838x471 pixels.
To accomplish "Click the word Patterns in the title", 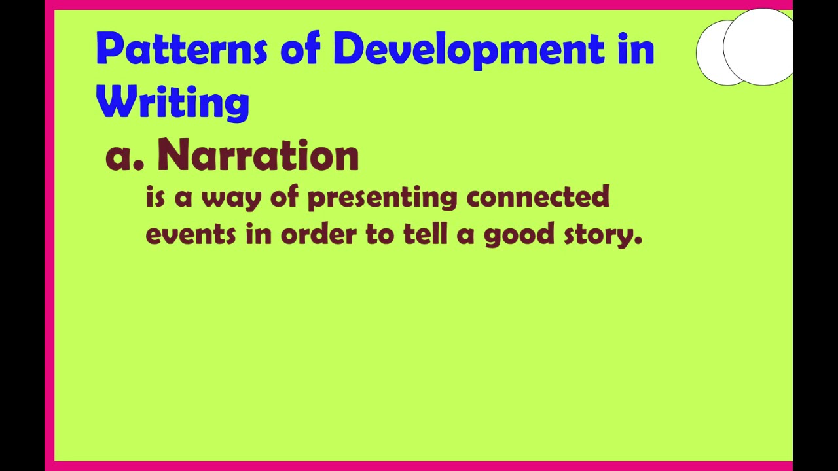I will click(x=181, y=49).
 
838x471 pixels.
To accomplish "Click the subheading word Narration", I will click(x=257, y=156).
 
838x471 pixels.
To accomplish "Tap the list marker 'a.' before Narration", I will click(x=124, y=157).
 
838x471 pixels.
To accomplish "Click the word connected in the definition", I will click(x=537, y=196).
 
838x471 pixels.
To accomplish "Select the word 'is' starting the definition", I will click(x=155, y=196).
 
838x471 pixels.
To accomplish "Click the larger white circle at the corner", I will click(x=759, y=47).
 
